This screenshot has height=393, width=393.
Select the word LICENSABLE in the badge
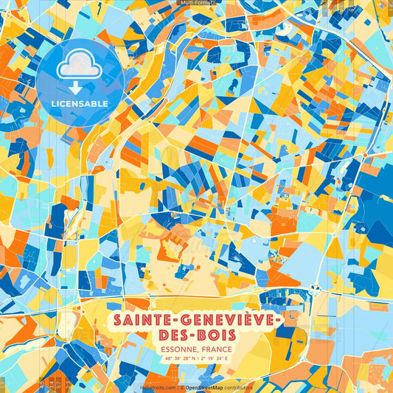pos(80,103)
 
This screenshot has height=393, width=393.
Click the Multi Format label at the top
pos(196,3)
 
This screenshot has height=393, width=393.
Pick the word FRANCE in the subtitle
pos(218,349)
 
